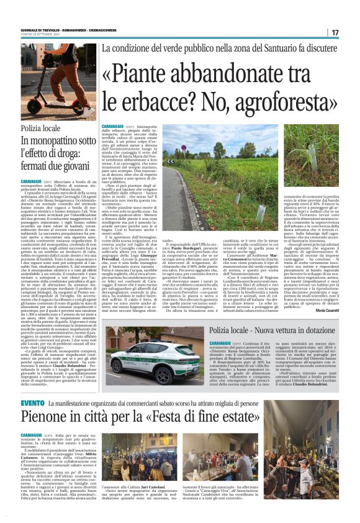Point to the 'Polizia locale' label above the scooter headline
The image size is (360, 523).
(x=41, y=128)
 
